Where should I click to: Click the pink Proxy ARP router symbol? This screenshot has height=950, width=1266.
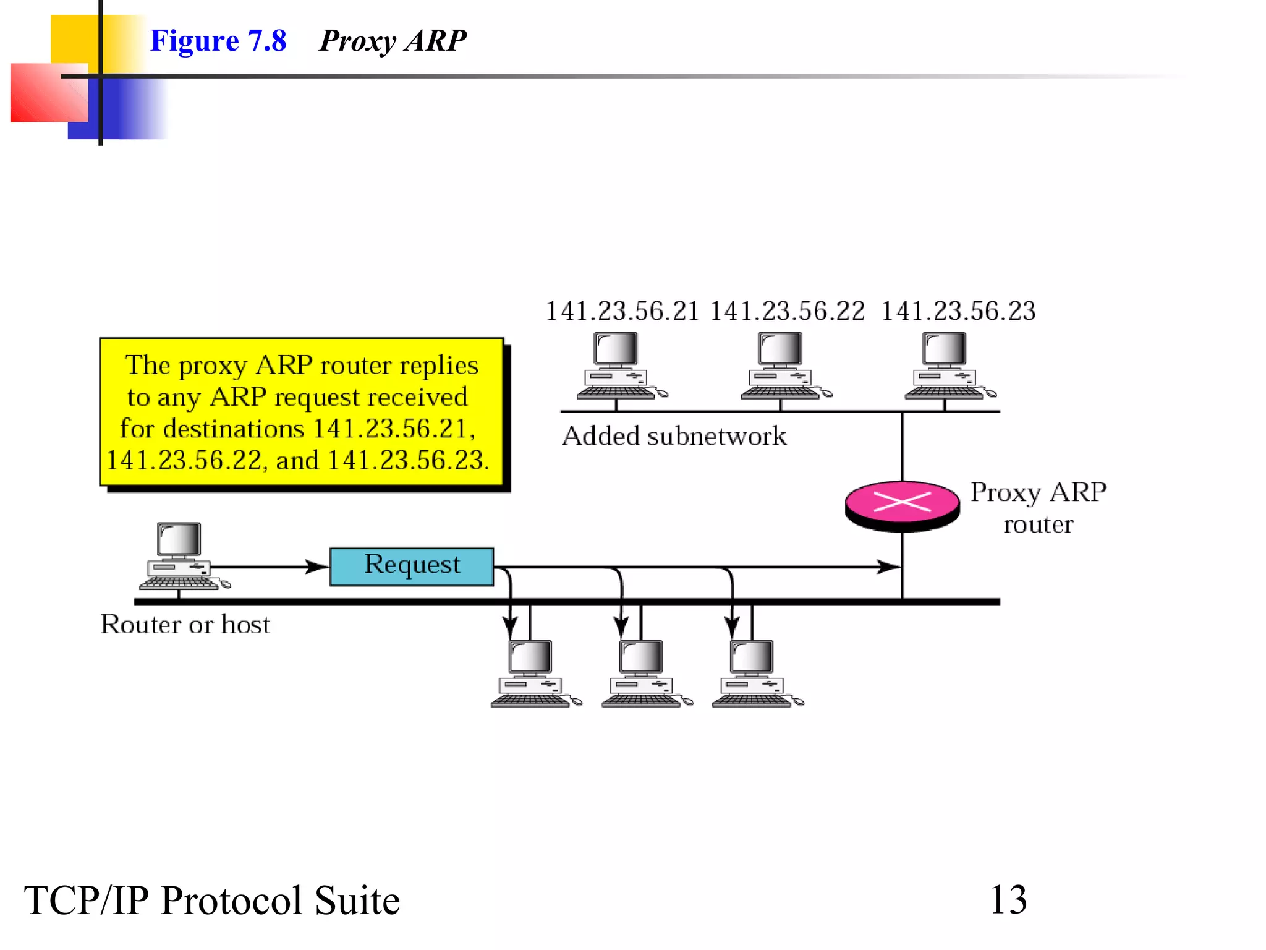click(x=902, y=504)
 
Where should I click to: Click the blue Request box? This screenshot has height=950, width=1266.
click(x=412, y=566)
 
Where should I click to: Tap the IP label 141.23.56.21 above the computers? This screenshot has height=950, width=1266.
click(x=622, y=311)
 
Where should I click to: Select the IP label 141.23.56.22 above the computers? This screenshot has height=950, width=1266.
click(x=787, y=311)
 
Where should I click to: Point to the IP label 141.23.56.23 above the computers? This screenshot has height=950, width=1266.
click(x=958, y=311)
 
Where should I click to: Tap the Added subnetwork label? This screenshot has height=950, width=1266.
click(x=674, y=437)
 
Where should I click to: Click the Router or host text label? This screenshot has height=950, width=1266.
click(x=185, y=625)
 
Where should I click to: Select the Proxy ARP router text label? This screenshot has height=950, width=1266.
click(x=1038, y=508)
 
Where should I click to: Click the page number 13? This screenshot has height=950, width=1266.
click(x=1008, y=900)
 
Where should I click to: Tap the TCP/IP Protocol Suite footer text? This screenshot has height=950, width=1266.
click(x=212, y=901)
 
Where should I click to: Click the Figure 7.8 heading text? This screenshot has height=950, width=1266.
click(x=218, y=41)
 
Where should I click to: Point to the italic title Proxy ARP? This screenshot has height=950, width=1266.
click(x=393, y=41)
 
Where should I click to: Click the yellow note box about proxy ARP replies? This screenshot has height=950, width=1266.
click(x=301, y=413)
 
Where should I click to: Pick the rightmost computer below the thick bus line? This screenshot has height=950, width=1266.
click(x=755, y=674)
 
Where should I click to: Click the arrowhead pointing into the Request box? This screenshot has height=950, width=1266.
click(x=318, y=567)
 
